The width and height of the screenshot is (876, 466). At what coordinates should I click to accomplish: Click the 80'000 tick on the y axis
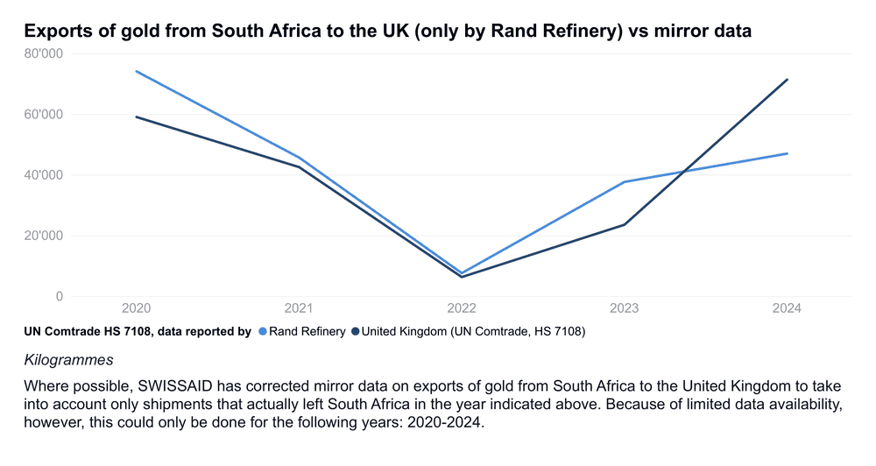[44, 53]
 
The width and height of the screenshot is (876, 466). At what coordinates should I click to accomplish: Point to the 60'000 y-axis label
[44, 114]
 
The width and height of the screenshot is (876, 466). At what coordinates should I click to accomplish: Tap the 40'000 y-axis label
[44, 174]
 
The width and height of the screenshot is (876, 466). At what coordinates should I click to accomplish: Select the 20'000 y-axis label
[44, 236]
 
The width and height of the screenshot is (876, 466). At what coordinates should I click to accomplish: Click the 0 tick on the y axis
[60, 296]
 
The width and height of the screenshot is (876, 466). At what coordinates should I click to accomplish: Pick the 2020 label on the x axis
[136, 309]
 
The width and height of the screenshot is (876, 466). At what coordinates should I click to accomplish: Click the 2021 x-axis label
[299, 309]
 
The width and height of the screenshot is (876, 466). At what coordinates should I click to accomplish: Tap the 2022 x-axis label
[462, 309]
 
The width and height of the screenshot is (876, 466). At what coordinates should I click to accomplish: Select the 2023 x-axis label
[625, 309]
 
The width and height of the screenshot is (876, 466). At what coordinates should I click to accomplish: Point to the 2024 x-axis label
[788, 309]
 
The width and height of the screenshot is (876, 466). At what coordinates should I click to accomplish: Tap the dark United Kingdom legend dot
[356, 332]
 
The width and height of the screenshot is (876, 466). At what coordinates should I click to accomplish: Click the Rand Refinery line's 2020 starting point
[136, 71]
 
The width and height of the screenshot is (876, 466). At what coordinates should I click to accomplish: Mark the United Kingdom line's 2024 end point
[788, 80]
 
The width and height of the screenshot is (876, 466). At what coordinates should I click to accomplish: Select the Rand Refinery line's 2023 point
[625, 182]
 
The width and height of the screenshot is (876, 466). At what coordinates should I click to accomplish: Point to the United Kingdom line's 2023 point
[625, 224]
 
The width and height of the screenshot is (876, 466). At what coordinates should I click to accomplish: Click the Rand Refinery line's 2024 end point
[788, 153]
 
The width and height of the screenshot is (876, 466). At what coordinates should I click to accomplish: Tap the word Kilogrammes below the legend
[68, 360]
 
